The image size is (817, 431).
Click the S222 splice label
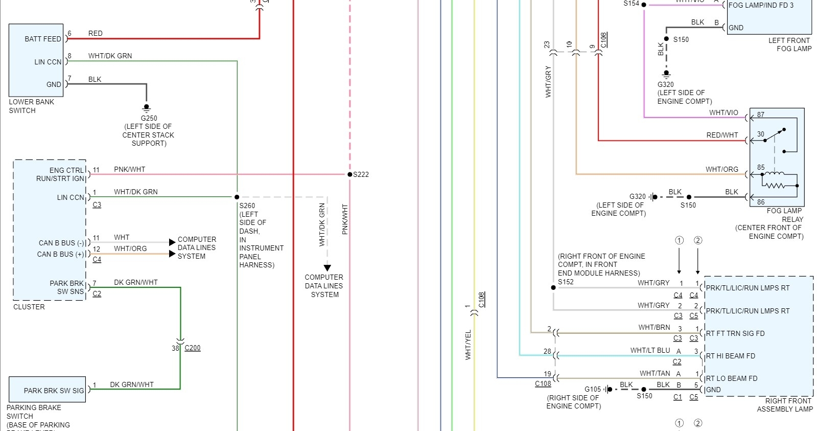point(361,174)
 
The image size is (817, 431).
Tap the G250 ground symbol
point(146,108)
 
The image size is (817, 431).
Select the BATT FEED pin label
point(43,39)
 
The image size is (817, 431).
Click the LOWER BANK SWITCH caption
point(31,106)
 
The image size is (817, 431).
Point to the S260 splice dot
point(237,197)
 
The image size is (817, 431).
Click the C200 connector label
point(193,348)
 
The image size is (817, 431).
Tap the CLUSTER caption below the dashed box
point(29,307)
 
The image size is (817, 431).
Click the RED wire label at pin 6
point(96,33)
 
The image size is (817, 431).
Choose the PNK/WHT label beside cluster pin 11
point(129,169)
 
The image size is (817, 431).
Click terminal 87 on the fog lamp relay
point(761,115)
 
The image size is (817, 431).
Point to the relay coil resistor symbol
point(775,185)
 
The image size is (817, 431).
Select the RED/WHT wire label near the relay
point(722,135)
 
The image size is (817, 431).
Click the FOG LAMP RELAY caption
point(784,215)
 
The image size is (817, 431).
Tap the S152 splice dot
point(553,287)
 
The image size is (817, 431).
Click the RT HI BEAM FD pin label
point(730,356)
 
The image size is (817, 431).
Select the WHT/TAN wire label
point(655,373)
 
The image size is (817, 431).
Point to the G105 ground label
point(593,389)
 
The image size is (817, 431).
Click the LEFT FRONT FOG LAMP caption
point(789,44)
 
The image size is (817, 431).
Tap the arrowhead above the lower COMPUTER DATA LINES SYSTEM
point(328,268)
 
